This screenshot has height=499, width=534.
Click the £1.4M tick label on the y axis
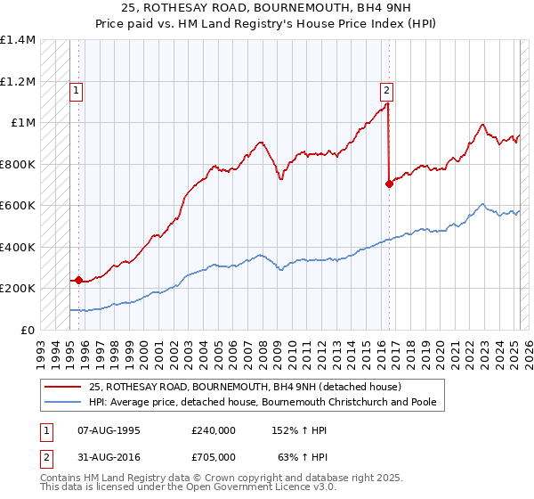(17, 40)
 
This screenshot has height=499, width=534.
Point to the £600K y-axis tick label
(17, 205)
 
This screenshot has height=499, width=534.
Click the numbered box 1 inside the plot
(77, 89)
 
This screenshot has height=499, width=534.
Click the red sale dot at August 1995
(78, 280)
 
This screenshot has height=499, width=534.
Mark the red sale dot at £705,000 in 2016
(389, 184)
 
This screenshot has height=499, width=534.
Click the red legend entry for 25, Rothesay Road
(246, 387)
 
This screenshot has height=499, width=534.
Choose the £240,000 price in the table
(214, 430)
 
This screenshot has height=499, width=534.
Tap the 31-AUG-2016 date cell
(109, 457)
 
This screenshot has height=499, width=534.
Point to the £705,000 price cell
(214, 457)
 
